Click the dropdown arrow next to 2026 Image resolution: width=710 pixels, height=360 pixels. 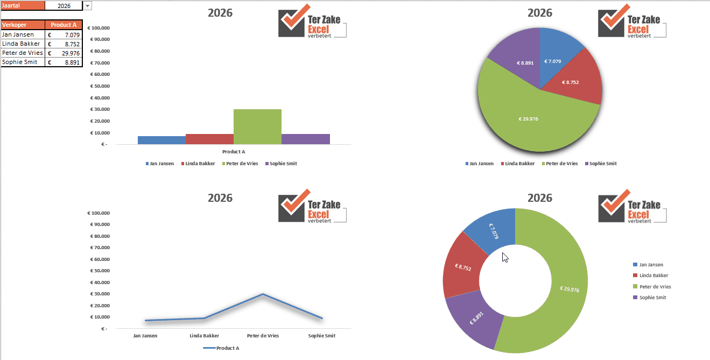coord(88,5)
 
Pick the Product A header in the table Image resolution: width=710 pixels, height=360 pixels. coord(64,25)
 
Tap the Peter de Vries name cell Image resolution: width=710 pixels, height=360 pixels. coord(23,53)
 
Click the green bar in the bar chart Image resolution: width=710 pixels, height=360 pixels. coord(257,127)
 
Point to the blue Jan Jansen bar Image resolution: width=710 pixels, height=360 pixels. coord(161,140)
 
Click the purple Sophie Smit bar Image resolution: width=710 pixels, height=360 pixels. coord(305,139)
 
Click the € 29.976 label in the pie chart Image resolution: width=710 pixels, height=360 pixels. coord(528,119)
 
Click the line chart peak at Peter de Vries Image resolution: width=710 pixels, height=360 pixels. coord(263,294)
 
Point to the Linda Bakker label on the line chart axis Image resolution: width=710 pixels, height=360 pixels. coord(204,336)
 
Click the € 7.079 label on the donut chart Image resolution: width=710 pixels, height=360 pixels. coord(494,231)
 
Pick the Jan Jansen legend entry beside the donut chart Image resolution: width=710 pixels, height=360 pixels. coord(651,265)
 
